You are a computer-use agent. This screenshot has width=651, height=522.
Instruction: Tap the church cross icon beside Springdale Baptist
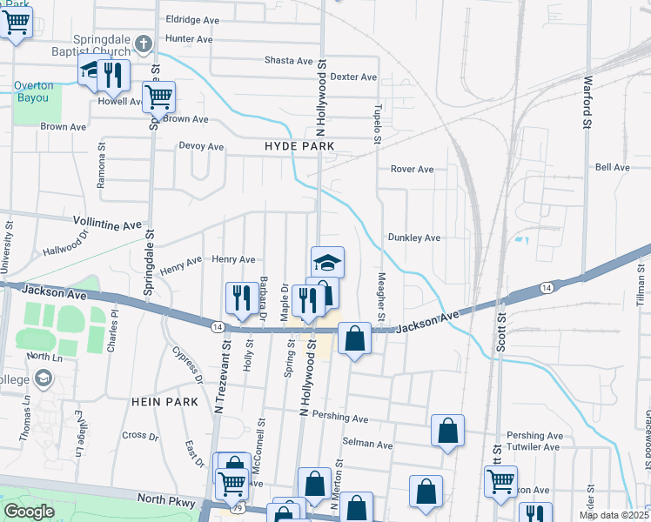(145, 42)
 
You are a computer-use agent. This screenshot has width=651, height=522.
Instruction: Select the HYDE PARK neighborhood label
(299, 147)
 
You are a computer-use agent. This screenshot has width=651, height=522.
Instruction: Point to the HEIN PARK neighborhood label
(158, 401)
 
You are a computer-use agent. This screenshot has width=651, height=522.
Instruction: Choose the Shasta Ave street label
(288, 61)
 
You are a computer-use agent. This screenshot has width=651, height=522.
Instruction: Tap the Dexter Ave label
(353, 77)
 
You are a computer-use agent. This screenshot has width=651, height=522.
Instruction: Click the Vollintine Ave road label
(107, 224)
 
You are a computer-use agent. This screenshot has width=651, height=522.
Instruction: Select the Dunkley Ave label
(414, 237)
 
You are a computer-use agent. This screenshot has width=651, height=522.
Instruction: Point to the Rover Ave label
(412, 169)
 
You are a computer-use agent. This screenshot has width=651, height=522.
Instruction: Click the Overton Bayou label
(34, 90)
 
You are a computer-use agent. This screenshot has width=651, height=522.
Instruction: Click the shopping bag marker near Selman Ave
(447, 430)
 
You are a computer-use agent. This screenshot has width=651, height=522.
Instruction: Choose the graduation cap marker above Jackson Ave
(328, 261)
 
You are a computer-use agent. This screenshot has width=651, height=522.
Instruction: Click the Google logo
(29, 512)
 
